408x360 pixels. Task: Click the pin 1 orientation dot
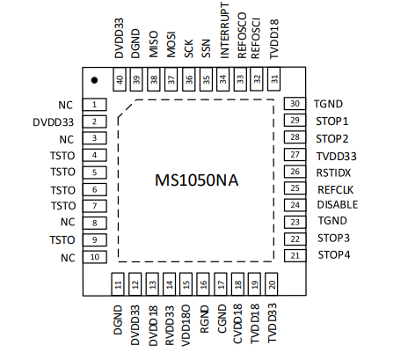94,80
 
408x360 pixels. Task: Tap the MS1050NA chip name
196,180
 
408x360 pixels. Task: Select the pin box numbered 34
223,79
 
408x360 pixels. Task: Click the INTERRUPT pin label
224,31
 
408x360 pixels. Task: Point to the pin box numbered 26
295,172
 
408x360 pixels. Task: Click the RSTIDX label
333,173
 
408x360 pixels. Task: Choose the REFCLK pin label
336,190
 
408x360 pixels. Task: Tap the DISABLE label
338,204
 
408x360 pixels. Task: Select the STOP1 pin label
332,121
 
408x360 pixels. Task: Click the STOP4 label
334,254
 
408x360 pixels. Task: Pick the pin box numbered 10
95,257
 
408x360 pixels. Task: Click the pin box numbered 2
94,121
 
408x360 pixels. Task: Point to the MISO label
154,44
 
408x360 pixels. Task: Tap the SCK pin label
189,48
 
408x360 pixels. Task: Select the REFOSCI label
256,39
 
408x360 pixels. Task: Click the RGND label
204,320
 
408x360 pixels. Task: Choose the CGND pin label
222,319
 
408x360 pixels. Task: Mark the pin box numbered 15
186,284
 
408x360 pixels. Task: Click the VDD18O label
186,326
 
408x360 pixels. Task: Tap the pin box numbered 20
272,284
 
